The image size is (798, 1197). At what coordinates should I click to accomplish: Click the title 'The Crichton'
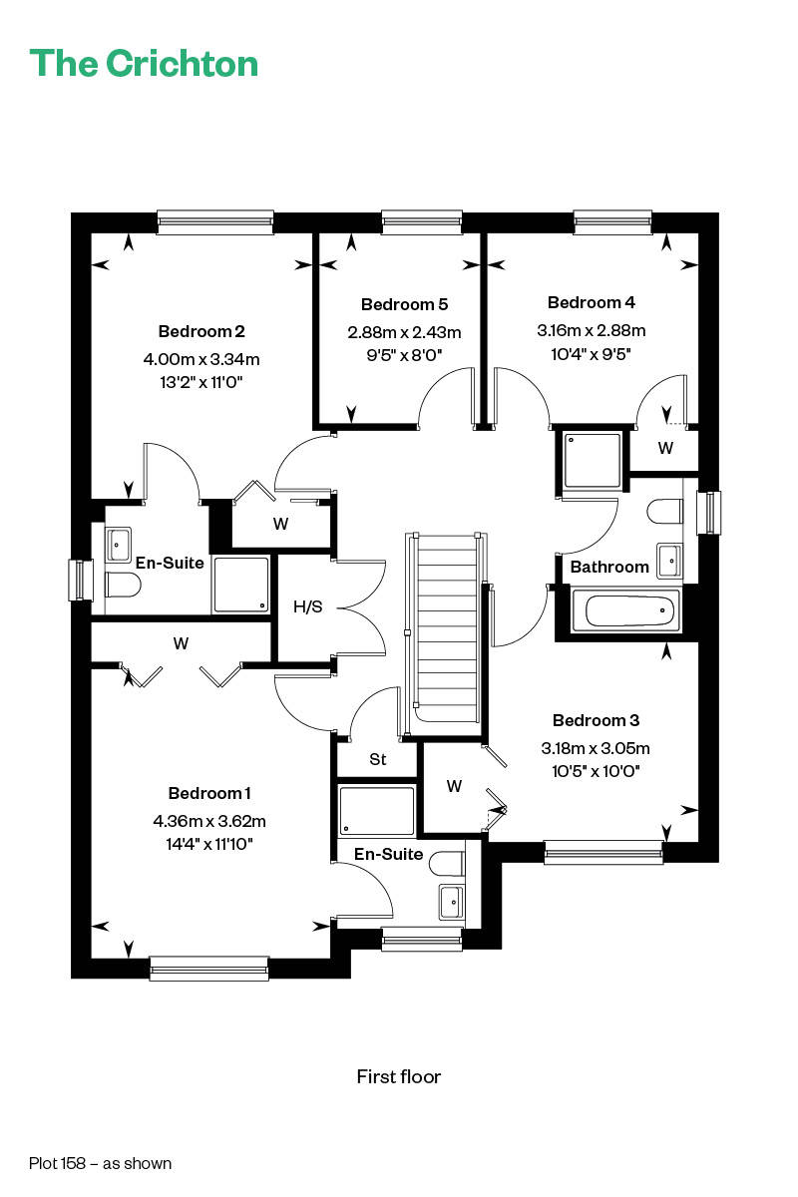pos(144,64)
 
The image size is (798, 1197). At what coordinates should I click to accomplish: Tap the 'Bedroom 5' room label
pos(404,304)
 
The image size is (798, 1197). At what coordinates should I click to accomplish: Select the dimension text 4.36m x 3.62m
pos(209,820)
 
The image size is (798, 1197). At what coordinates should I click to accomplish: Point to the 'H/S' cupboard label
pos(308,606)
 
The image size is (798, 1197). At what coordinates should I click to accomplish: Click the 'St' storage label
pos(377,759)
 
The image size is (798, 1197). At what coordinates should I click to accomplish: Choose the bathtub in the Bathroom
pos(626,610)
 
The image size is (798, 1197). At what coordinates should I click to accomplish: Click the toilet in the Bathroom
pos(665,512)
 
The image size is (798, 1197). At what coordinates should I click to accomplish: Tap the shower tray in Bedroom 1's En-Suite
pos(377,810)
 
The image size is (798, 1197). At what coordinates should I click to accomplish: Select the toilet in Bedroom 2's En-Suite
pos(123,585)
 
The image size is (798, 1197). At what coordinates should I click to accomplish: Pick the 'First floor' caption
pos(399,1076)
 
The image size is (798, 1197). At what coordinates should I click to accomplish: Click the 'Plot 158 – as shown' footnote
pos(101,1163)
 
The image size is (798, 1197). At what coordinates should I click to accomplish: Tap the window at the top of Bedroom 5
pos(422,221)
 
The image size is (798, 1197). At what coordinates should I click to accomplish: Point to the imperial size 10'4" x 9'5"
pos(592,354)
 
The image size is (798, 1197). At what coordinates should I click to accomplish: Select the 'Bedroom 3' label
pos(596,720)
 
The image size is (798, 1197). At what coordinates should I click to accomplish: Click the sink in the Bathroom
pos(669,561)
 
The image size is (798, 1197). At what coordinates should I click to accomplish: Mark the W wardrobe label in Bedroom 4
pos(665,448)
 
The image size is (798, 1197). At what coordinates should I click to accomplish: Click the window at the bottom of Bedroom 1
pos(209,969)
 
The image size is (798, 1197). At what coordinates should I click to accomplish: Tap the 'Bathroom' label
pos(609,567)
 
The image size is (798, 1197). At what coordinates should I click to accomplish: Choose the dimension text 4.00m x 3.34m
pos(201,358)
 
